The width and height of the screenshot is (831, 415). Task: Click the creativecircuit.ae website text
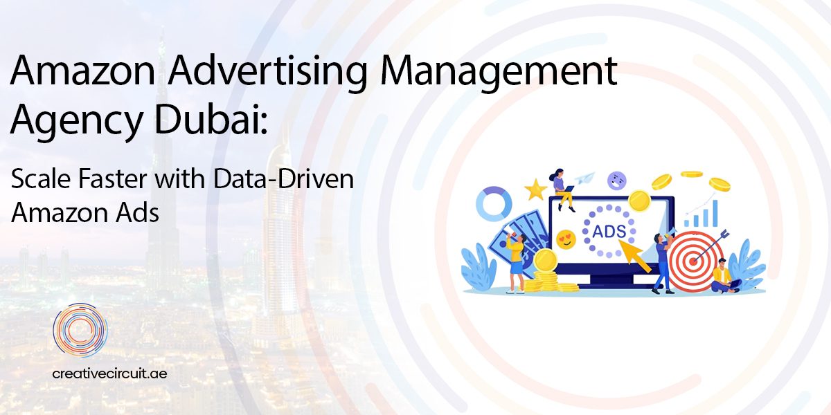pos(109,373)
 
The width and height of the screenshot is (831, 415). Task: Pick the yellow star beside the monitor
pos(535,188)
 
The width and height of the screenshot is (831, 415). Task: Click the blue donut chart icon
pos(493,203)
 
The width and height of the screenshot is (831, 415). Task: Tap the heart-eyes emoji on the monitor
pos(566,239)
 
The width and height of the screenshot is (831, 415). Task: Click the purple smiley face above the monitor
pos(616,181)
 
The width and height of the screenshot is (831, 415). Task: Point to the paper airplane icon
pos(586,178)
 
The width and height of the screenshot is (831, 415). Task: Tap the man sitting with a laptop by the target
pos(724,275)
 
